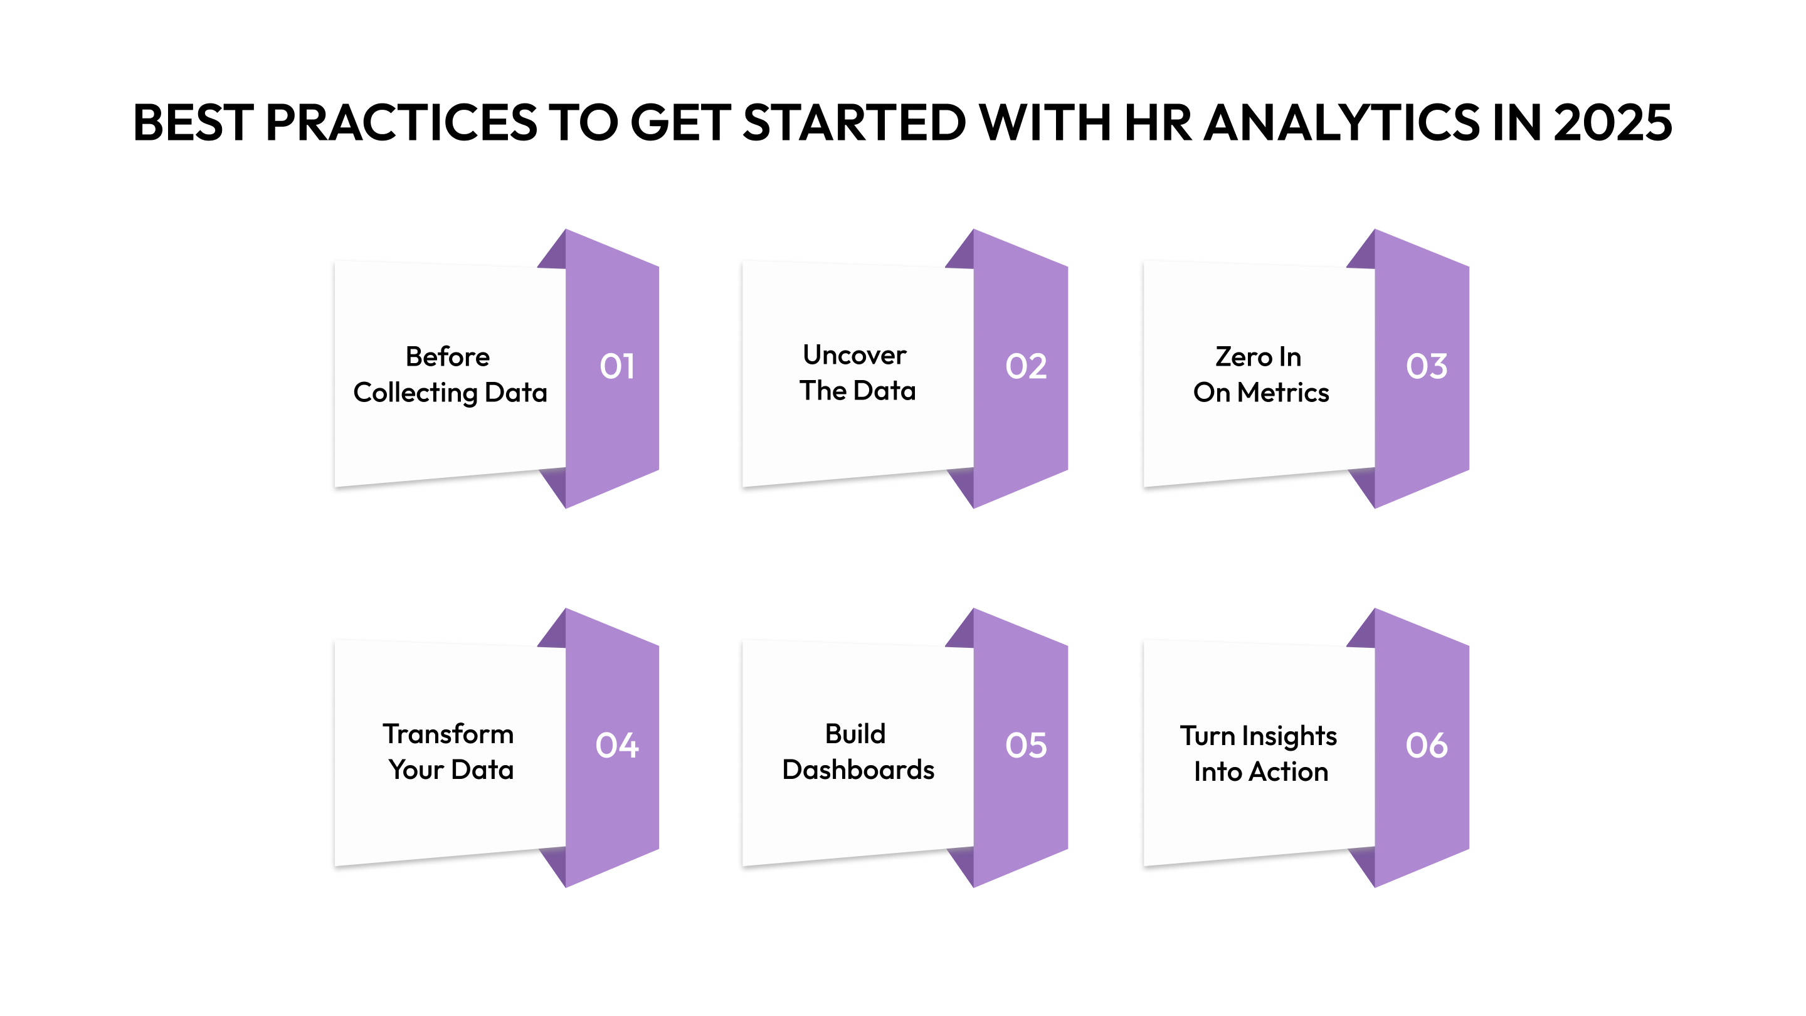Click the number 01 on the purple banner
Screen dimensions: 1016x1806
[617, 366]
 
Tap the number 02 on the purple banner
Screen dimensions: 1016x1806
[1026, 366]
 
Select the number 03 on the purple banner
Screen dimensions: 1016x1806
[1426, 366]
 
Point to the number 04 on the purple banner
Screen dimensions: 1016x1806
[617, 744]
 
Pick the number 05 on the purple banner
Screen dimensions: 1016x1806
[1026, 744]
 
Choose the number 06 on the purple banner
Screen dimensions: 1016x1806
[1426, 744]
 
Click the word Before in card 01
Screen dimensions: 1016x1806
[447, 357]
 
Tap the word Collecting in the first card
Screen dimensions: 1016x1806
[415, 393]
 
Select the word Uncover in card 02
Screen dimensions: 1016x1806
[854, 355]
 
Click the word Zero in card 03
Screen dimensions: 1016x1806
[1242, 357]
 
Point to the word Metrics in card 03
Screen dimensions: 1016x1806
[1283, 393]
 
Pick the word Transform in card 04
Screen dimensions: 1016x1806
[448, 734]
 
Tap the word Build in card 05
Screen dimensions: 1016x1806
[855, 734]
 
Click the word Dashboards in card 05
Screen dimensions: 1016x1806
[858, 770]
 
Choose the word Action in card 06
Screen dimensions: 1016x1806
[1289, 772]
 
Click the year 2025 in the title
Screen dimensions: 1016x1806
[1612, 123]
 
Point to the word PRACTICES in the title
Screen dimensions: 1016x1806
[401, 123]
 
